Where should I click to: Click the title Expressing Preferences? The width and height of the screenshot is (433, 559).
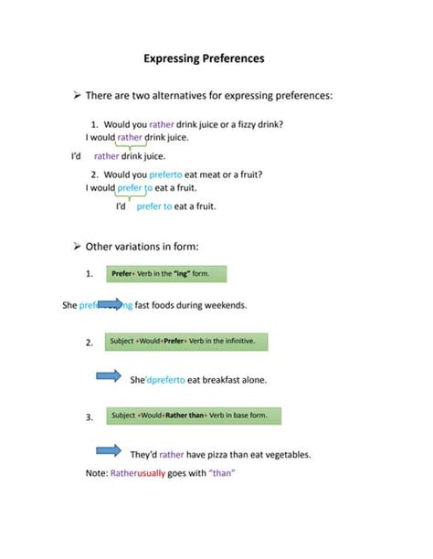216,58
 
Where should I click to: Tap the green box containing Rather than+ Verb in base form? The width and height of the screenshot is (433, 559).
193,416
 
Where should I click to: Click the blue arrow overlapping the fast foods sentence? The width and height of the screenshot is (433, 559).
111,304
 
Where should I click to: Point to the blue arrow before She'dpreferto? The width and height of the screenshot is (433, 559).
110,374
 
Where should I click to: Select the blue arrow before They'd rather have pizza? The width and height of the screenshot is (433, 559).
110,449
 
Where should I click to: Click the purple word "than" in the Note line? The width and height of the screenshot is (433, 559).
224,473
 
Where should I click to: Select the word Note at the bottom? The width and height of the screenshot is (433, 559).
95,473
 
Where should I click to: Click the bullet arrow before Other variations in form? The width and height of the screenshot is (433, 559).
77,247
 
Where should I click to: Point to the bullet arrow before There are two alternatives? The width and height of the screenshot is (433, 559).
77,95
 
